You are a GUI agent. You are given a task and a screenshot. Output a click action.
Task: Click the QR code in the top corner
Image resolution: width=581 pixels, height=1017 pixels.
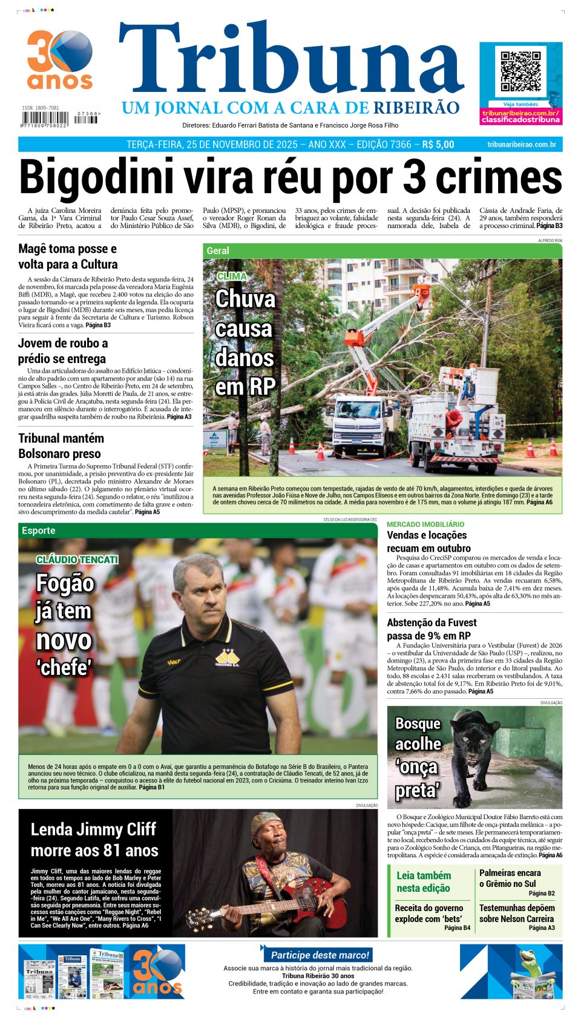click(x=520, y=72)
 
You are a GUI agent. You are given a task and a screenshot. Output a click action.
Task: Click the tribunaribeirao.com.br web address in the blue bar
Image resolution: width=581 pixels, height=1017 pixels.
click(x=521, y=145)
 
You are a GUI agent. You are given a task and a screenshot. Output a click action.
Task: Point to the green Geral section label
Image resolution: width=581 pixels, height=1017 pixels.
click(x=218, y=250)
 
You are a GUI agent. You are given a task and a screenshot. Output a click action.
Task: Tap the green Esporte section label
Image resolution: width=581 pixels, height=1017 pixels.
click(x=38, y=531)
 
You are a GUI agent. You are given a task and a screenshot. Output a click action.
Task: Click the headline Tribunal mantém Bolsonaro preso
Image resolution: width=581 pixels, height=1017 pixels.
click(x=61, y=446)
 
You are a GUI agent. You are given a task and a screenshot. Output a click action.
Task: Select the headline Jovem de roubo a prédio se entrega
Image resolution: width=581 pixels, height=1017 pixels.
click(x=62, y=351)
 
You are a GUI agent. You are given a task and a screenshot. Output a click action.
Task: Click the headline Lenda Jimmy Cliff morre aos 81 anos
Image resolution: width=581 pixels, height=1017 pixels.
click(x=94, y=840)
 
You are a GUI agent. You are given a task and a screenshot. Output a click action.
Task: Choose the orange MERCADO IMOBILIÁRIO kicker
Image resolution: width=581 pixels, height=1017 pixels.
click(x=425, y=524)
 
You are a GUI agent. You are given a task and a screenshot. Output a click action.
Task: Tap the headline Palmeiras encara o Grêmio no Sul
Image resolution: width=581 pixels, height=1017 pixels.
click(x=510, y=878)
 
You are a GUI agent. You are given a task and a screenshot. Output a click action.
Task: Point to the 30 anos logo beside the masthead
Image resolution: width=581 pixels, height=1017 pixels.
click(x=59, y=60)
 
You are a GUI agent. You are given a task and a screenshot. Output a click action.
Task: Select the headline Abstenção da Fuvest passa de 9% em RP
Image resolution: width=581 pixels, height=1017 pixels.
click(x=432, y=629)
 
